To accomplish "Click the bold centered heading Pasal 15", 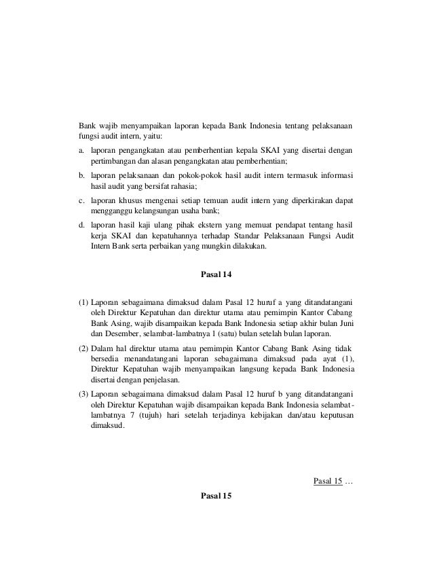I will pos(217,496).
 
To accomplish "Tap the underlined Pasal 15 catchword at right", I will pos(327,482).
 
